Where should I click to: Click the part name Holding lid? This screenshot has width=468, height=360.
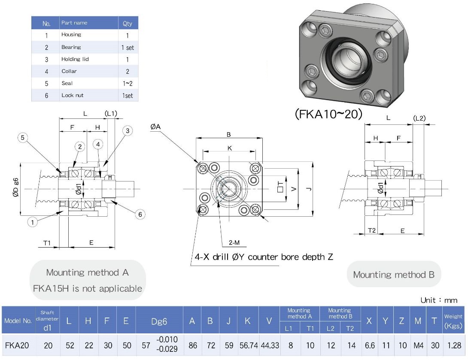click(75, 59)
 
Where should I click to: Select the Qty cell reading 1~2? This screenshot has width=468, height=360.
click(128, 83)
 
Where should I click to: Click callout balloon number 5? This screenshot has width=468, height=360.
click(23, 137)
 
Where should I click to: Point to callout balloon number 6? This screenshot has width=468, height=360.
click(140, 215)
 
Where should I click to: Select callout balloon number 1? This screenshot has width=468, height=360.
click(32, 221)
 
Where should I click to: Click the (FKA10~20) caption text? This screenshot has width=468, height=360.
click(328, 114)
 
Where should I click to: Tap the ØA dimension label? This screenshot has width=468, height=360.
click(155, 127)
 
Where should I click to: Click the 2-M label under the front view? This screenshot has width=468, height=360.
click(234, 243)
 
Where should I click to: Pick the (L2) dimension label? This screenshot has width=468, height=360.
click(419, 118)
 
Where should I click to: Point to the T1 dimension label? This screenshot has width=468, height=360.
click(47, 243)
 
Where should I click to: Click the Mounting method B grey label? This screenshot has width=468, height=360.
click(394, 275)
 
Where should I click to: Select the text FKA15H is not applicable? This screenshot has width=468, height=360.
click(87, 288)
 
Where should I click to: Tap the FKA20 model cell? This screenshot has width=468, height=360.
click(17, 345)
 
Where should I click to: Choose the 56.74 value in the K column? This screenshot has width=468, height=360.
click(248, 345)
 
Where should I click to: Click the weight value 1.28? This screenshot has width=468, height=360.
click(453, 345)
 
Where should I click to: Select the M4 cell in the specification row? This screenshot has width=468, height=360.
click(417, 345)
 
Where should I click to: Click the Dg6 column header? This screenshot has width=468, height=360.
click(159, 321)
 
